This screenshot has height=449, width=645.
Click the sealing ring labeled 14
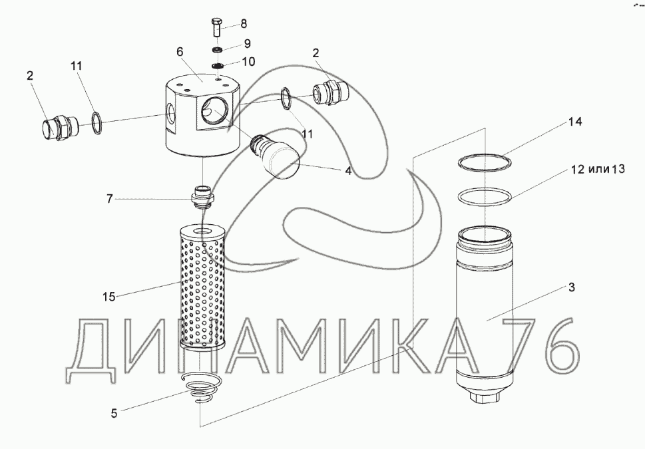pyautogui.click(x=484, y=163)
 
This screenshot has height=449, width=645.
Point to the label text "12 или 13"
pyautogui.click(x=597, y=170)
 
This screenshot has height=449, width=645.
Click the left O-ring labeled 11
pyautogui.click(x=96, y=120)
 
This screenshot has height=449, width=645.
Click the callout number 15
pyautogui.click(x=107, y=295)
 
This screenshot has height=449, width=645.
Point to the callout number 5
pyautogui.click(x=114, y=413)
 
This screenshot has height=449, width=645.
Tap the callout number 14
pyautogui.click(x=576, y=122)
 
